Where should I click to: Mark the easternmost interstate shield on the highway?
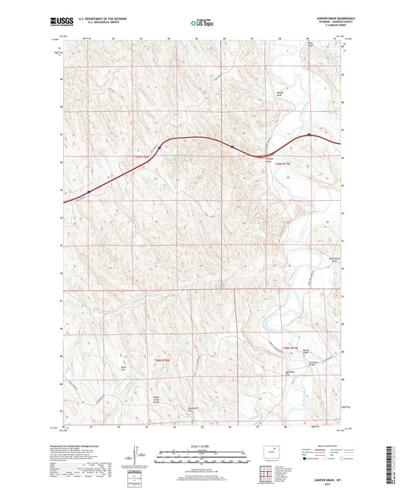(308, 135)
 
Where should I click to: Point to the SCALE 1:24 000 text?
(203, 445)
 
